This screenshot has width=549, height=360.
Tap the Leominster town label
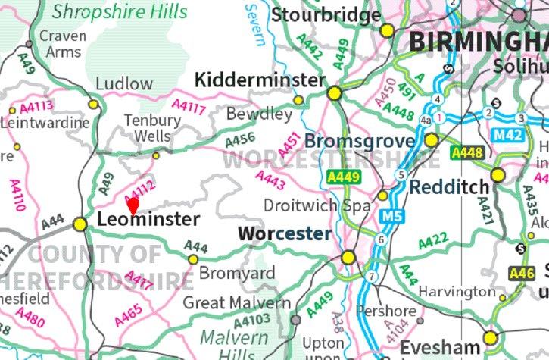point(149,220)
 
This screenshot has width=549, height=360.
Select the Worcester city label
point(284,234)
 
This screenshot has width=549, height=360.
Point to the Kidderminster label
point(260,80)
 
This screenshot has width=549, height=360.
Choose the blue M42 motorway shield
point(508,134)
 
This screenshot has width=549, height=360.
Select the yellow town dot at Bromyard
point(192,259)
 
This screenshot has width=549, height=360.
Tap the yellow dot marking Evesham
point(490,337)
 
